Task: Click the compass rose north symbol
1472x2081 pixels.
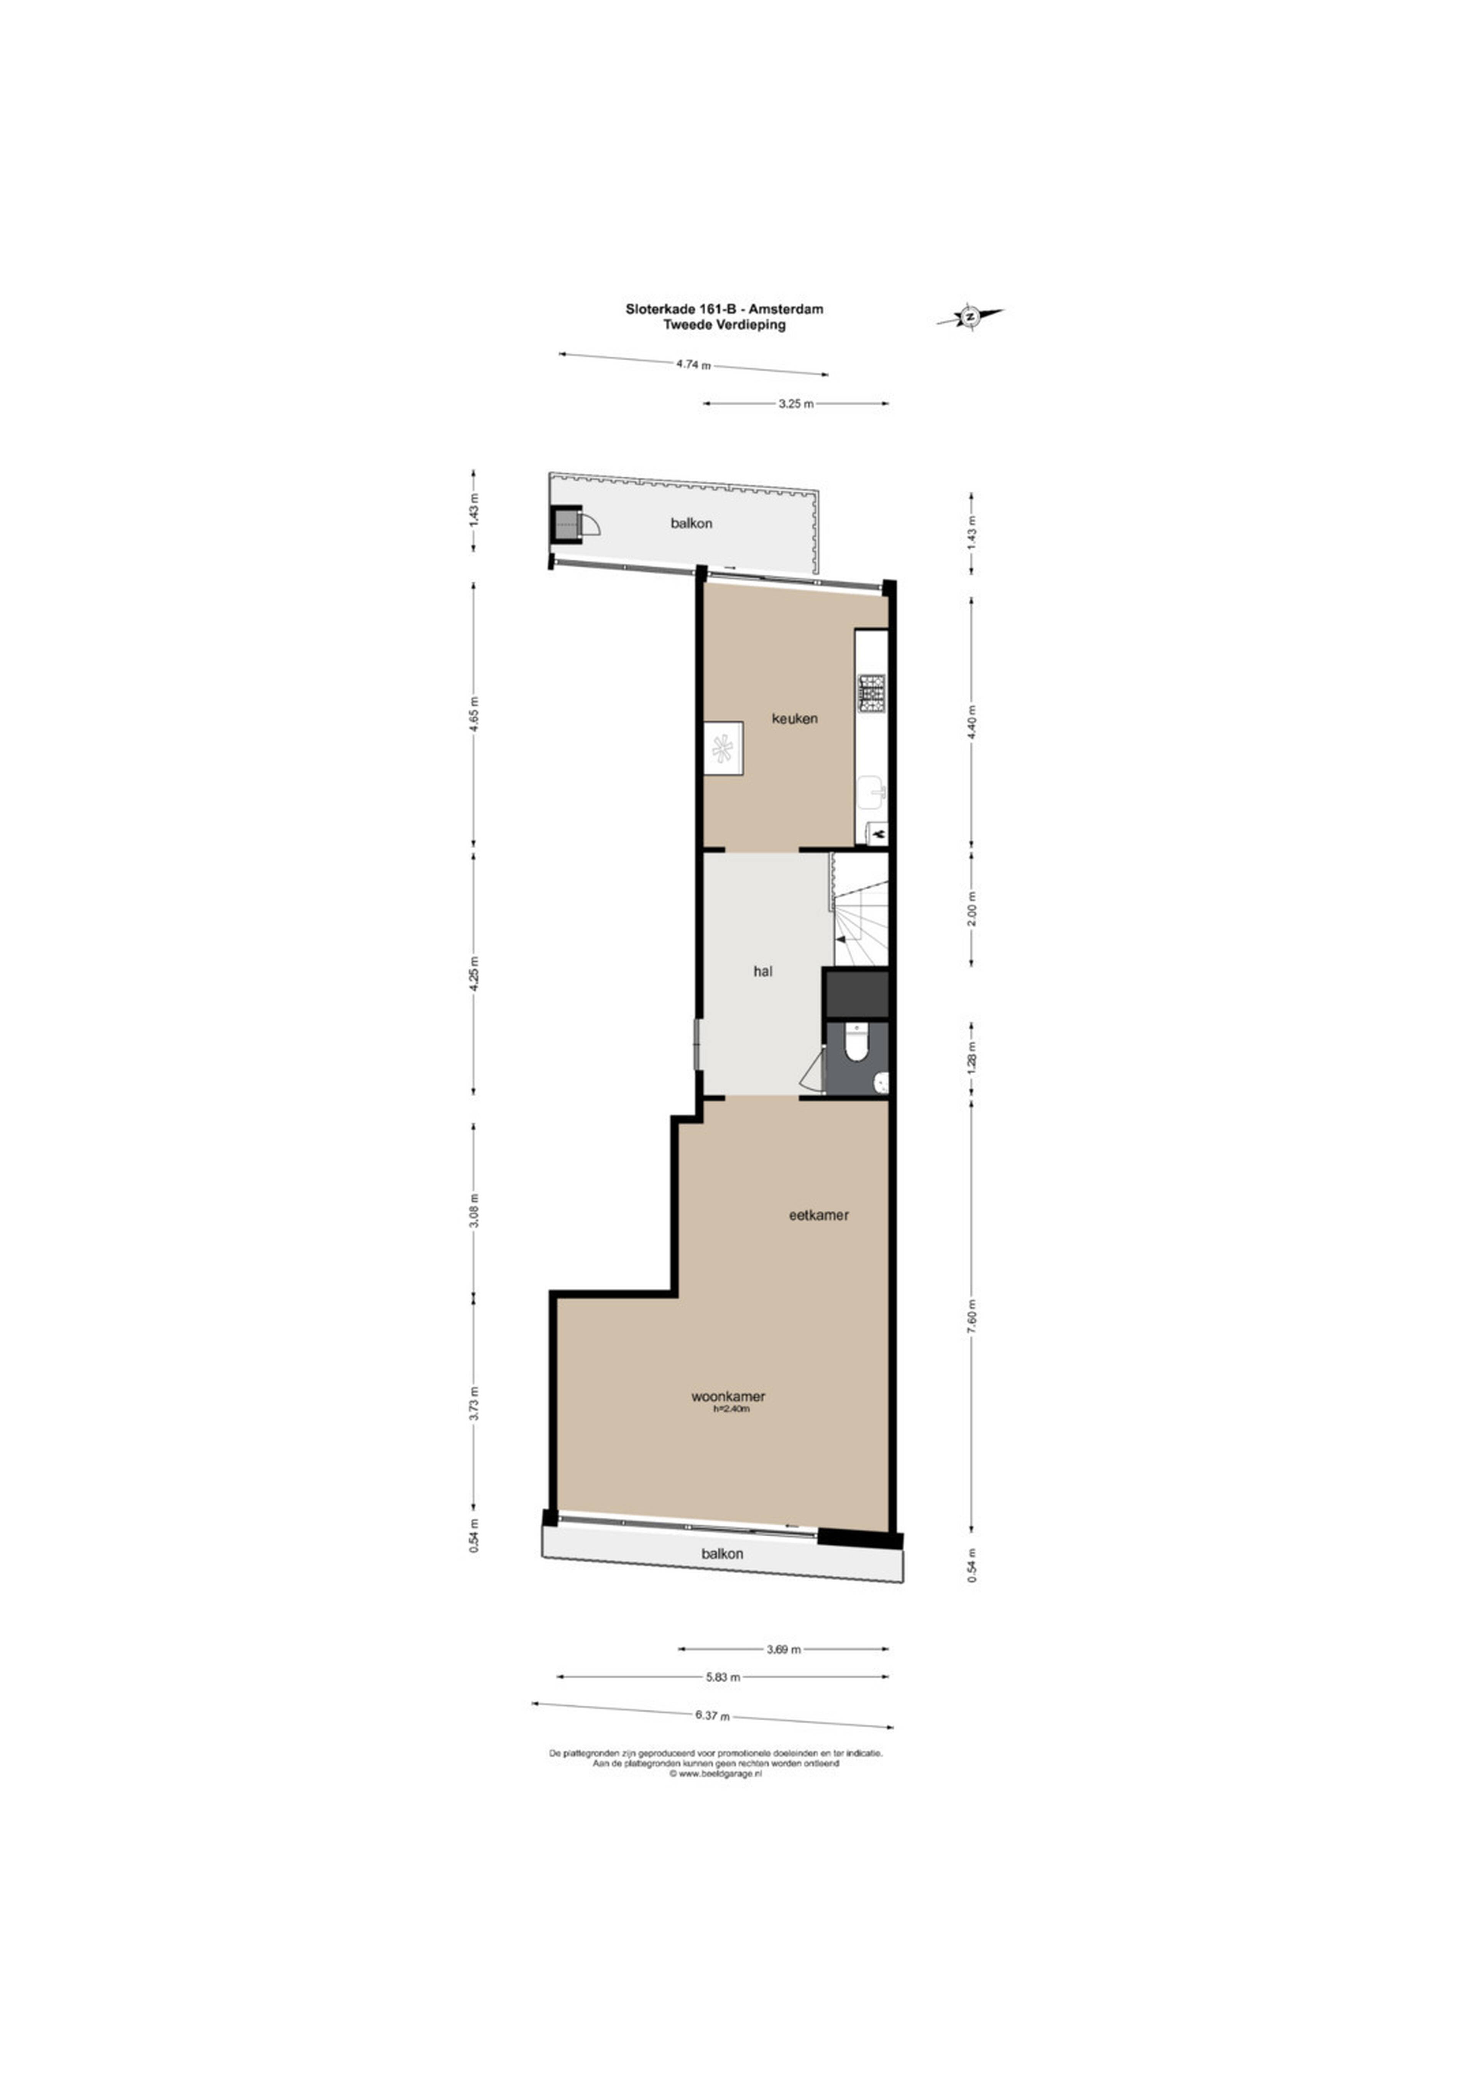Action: [970, 316]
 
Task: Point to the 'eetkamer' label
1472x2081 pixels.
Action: [818, 1214]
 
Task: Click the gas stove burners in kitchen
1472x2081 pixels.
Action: [873, 693]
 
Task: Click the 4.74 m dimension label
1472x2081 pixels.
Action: [693, 365]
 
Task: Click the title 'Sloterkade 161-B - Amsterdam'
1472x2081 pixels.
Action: [724, 309]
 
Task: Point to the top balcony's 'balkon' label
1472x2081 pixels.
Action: [692, 523]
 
